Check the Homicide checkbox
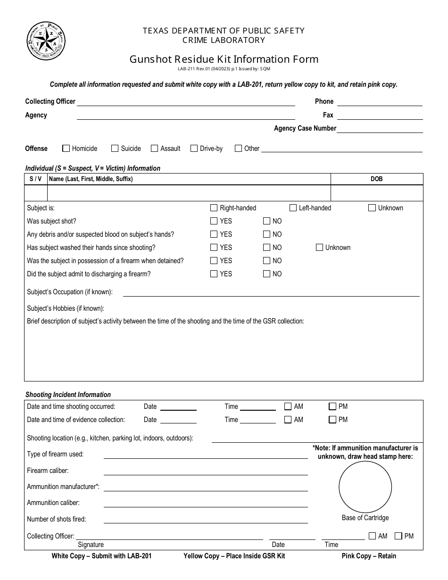pos(66,149)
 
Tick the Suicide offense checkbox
pos(115,149)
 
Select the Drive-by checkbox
pos(194,149)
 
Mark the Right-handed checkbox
pos(214,208)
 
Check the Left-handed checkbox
pos(293,208)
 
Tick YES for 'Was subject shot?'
pos(214,221)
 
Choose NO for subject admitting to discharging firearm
pos(267,274)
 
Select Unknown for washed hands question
pos(319,248)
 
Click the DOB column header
pos(376,179)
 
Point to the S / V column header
pos(35,179)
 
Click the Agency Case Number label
pos(305,128)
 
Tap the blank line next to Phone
pos(379,102)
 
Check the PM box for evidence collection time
pos(332,420)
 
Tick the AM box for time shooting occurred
pos(288,406)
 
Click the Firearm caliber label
pos(48,471)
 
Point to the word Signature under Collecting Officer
pos(91,545)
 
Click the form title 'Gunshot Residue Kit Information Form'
pos(224,59)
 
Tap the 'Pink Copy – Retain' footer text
pos(369,556)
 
